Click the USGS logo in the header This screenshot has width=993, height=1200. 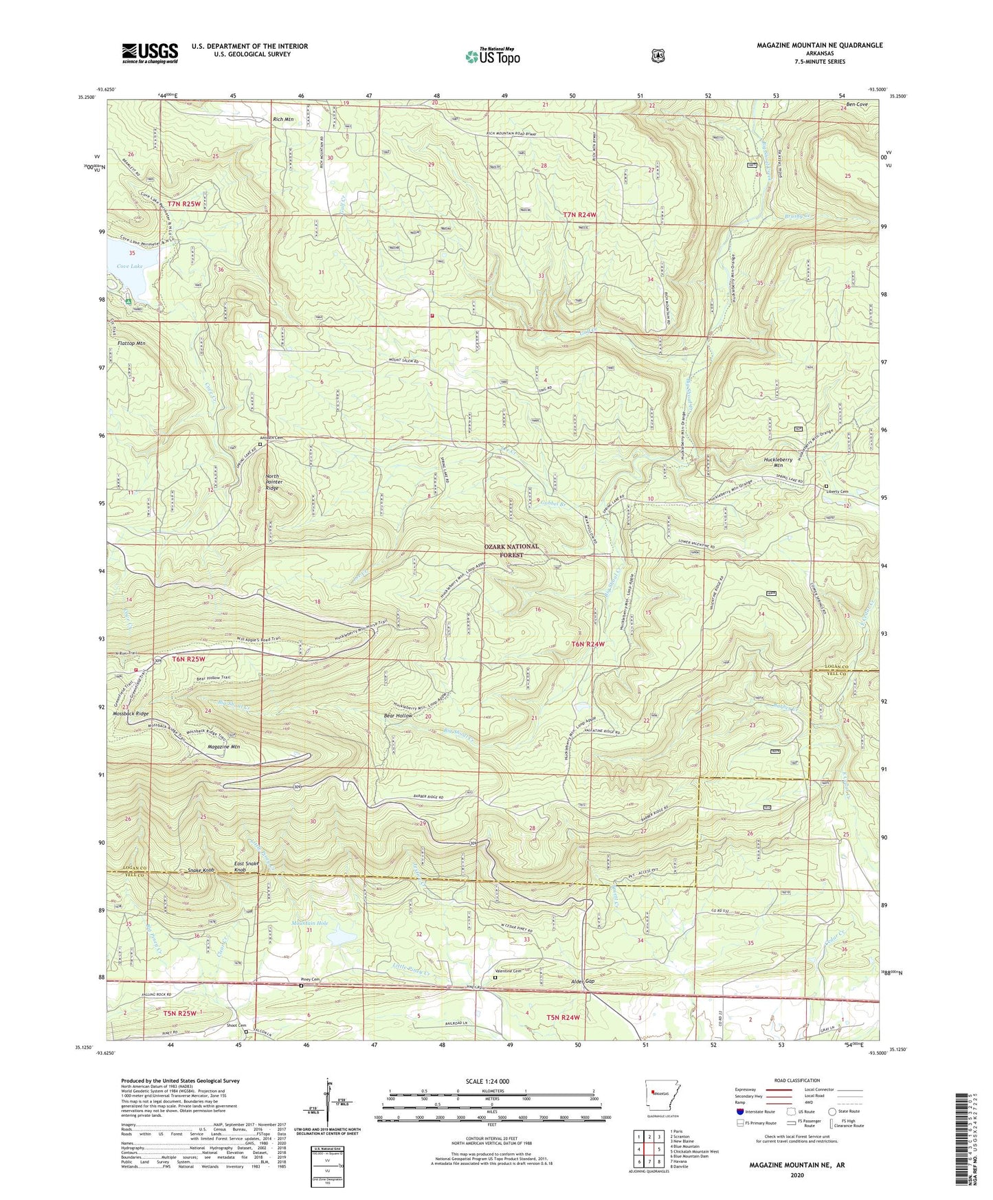click(x=150, y=53)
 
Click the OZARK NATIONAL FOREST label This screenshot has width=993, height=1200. click(x=511, y=551)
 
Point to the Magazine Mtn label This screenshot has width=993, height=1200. click(x=223, y=746)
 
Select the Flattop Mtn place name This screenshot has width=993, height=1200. click(x=131, y=343)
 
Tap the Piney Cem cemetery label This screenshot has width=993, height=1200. click(x=301, y=979)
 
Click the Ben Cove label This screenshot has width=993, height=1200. click(x=857, y=104)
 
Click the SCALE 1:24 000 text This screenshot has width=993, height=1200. click(x=487, y=1081)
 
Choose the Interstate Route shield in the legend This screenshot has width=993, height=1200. click(x=739, y=1111)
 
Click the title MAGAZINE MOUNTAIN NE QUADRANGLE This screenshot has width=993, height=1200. click(x=819, y=45)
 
